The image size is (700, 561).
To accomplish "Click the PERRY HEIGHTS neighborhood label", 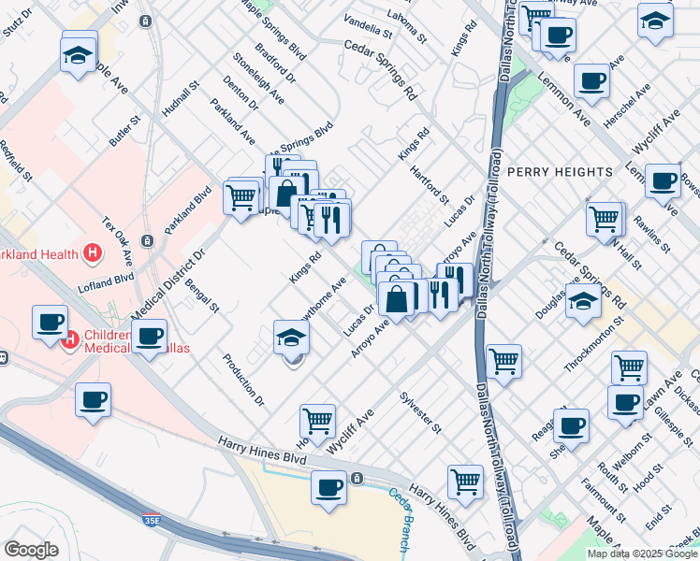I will (560, 172).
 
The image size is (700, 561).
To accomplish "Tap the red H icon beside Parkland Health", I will (93, 252).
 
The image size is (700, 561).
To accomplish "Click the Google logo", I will (31, 550).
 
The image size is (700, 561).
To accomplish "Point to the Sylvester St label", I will (421, 411).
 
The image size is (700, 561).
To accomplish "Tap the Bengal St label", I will (202, 294).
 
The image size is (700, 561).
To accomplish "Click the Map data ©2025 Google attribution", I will (643, 554).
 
